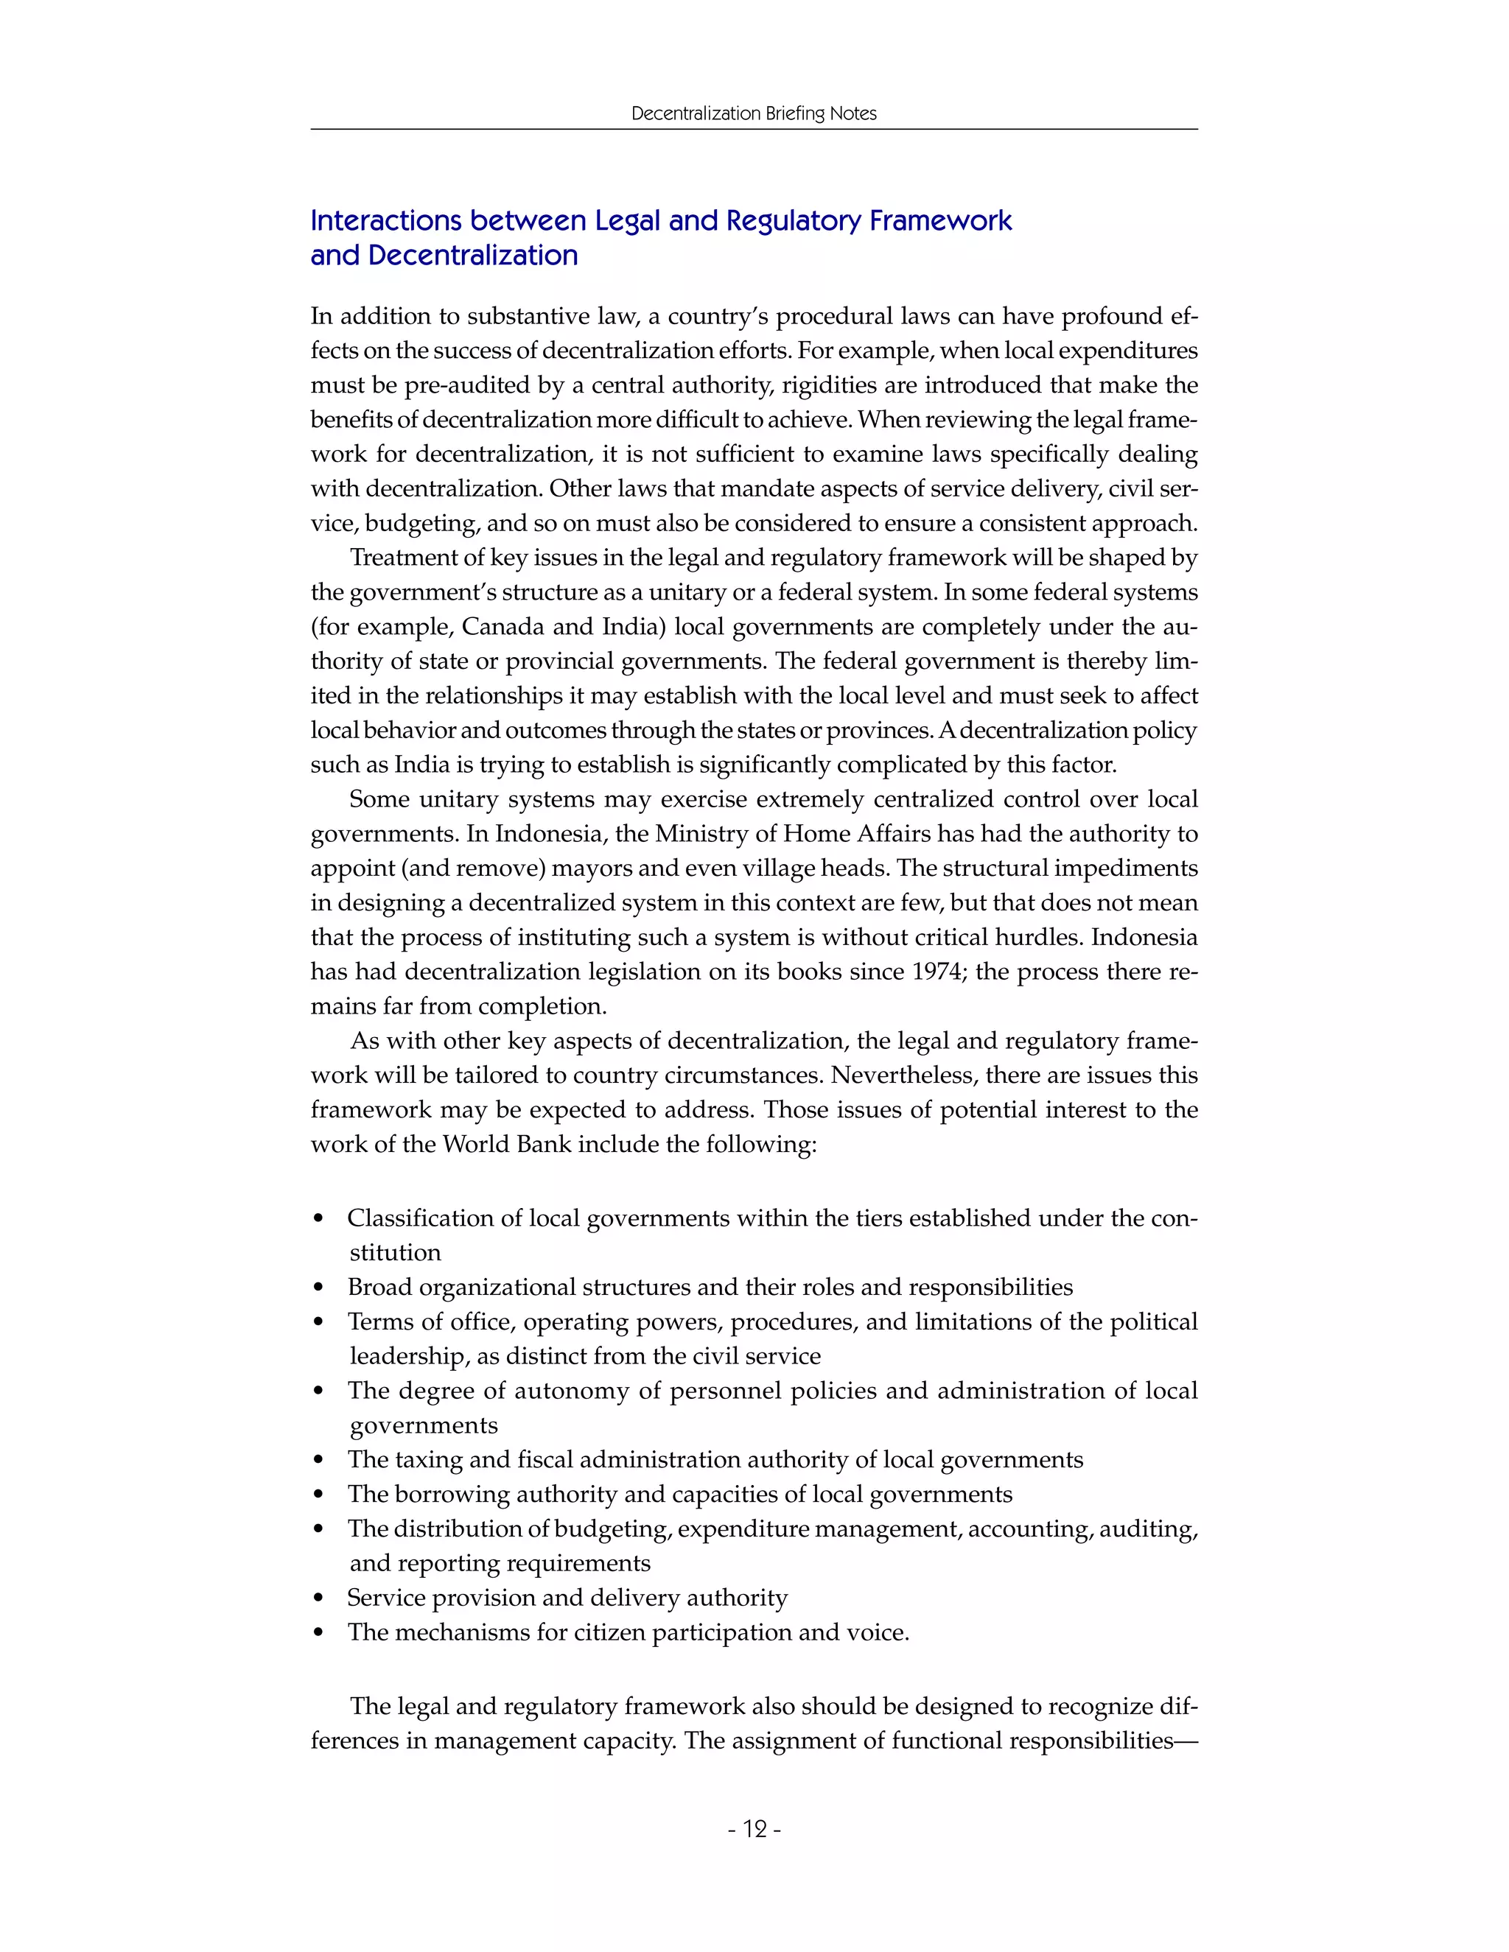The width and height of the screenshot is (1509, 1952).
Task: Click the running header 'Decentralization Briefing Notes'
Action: pyautogui.click(x=754, y=113)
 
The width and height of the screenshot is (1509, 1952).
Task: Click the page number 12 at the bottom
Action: pyautogui.click(x=754, y=1830)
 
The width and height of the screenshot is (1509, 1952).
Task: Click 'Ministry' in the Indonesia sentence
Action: pyautogui.click(x=699, y=834)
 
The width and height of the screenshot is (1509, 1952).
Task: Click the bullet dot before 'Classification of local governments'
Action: pyautogui.click(x=319, y=1219)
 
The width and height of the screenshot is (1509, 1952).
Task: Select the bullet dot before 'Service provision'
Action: pyautogui.click(x=319, y=1599)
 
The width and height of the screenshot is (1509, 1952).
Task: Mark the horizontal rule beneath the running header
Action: pyautogui.click(x=754, y=130)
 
